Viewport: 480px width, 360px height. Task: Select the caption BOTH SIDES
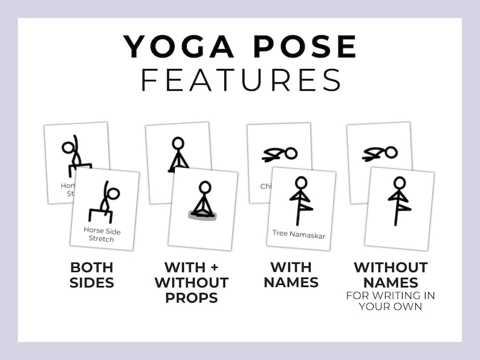(x=92, y=274)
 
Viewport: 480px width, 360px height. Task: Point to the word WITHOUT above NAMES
(x=391, y=267)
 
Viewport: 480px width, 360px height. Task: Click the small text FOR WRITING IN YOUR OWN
(x=391, y=300)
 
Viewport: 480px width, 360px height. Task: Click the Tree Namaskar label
(x=299, y=235)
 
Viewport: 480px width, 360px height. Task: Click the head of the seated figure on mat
(x=205, y=187)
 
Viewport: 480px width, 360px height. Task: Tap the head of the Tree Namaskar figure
(x=300, y=182)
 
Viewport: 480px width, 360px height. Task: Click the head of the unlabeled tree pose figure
(x=399, y=182)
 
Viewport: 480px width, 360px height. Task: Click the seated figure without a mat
(x=177, y=155)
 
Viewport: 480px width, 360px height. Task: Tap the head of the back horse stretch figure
(x=68, y=148)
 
